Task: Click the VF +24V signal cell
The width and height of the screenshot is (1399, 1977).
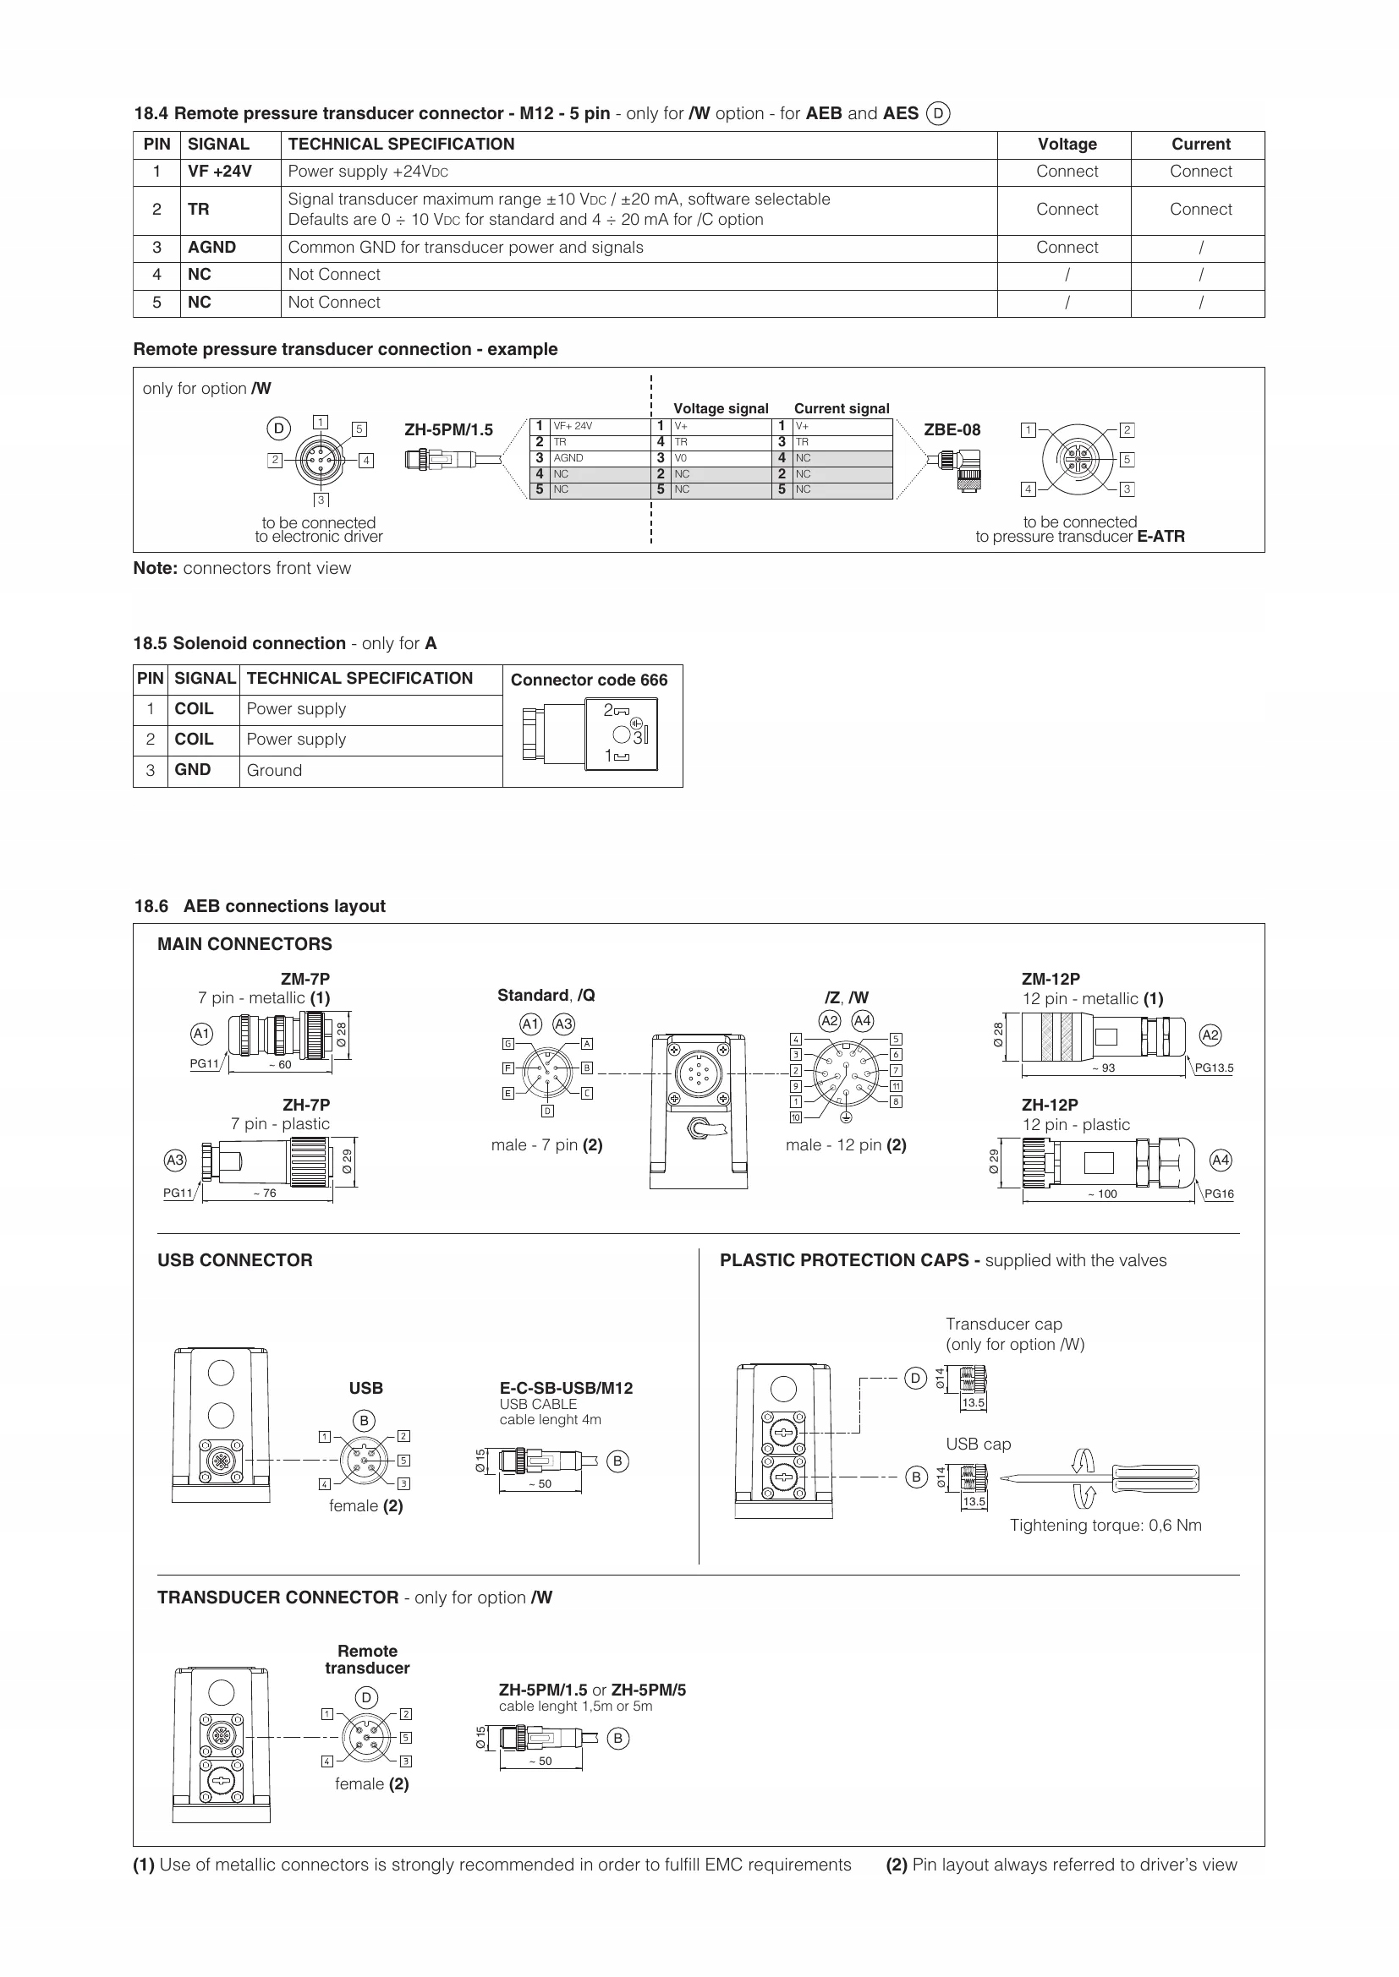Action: click(x=220, y=172)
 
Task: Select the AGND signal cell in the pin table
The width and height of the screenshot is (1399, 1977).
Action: click(x=212, y=248)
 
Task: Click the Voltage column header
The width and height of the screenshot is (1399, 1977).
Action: click(x=1067, y=145)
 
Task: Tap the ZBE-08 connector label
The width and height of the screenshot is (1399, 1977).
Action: click(x=952, y=429)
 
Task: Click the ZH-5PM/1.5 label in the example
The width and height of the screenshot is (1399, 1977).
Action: click(x=449, y=429)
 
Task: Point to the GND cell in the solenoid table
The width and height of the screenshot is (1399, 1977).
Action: click(x=193, y=770)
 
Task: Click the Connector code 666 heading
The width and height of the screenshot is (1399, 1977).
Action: click(x=590, y=680)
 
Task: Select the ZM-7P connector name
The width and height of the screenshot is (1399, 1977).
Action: click(x=305, y=979)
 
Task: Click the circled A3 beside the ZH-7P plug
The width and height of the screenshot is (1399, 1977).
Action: click(x=175, y=1161)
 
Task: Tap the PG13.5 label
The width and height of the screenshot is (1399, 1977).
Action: click(x=1214, y=1068)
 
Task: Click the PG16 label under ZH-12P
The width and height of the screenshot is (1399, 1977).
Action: click(x=1219, y=1194)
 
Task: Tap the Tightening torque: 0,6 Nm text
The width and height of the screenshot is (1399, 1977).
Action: click(x=1105, y=1526)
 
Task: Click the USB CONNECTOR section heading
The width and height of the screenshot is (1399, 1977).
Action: click(x=234, y=1260)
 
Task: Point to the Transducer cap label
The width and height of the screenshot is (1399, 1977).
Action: click(x=1004, y=1324)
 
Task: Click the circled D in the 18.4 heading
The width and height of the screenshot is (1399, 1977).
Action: click(x=938, y=113)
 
